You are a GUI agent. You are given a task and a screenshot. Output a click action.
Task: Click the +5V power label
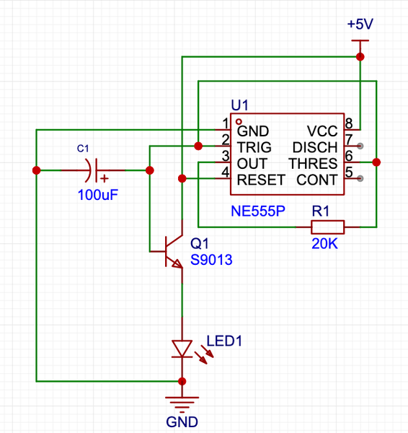(x=360, y=24)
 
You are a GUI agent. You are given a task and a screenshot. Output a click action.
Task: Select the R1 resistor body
(x=328, y=227)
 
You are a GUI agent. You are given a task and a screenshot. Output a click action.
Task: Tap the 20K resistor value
(x=324, y=244)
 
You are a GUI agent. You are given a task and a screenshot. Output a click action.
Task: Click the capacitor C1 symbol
(x=93, y=170)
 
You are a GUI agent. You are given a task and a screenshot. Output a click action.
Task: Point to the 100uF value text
(x=98, y=195)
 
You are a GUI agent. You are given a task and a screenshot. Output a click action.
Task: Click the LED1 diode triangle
(x=182, y=349)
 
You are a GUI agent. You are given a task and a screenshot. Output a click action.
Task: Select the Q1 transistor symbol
(x=170, y=251)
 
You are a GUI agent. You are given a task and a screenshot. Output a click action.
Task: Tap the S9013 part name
(x=211, y=260)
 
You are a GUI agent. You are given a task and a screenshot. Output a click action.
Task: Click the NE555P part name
(x=258, y=211)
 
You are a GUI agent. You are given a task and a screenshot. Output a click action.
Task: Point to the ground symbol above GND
(x=182, y=402)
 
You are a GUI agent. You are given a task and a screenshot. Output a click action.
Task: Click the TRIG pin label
(x=254, y=147)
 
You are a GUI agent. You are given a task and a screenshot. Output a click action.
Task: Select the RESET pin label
(x=261, y=180)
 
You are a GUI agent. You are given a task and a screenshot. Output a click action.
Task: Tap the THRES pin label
(x=313, y=164)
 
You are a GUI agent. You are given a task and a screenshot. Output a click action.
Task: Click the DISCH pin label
(x=315, y=147)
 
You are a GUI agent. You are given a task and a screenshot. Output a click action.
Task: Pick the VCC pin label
(x=322, y=131)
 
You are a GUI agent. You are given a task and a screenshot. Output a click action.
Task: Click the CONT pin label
(x=317, y=180)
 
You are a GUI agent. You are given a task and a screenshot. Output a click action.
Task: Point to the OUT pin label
(x=252, y=164)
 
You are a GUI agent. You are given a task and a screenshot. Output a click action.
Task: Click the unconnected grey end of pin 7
(x=360, y=146)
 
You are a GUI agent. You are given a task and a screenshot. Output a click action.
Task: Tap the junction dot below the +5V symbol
(x=360, y=56)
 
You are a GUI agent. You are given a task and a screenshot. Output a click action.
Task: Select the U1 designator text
(x=240, y=105)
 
